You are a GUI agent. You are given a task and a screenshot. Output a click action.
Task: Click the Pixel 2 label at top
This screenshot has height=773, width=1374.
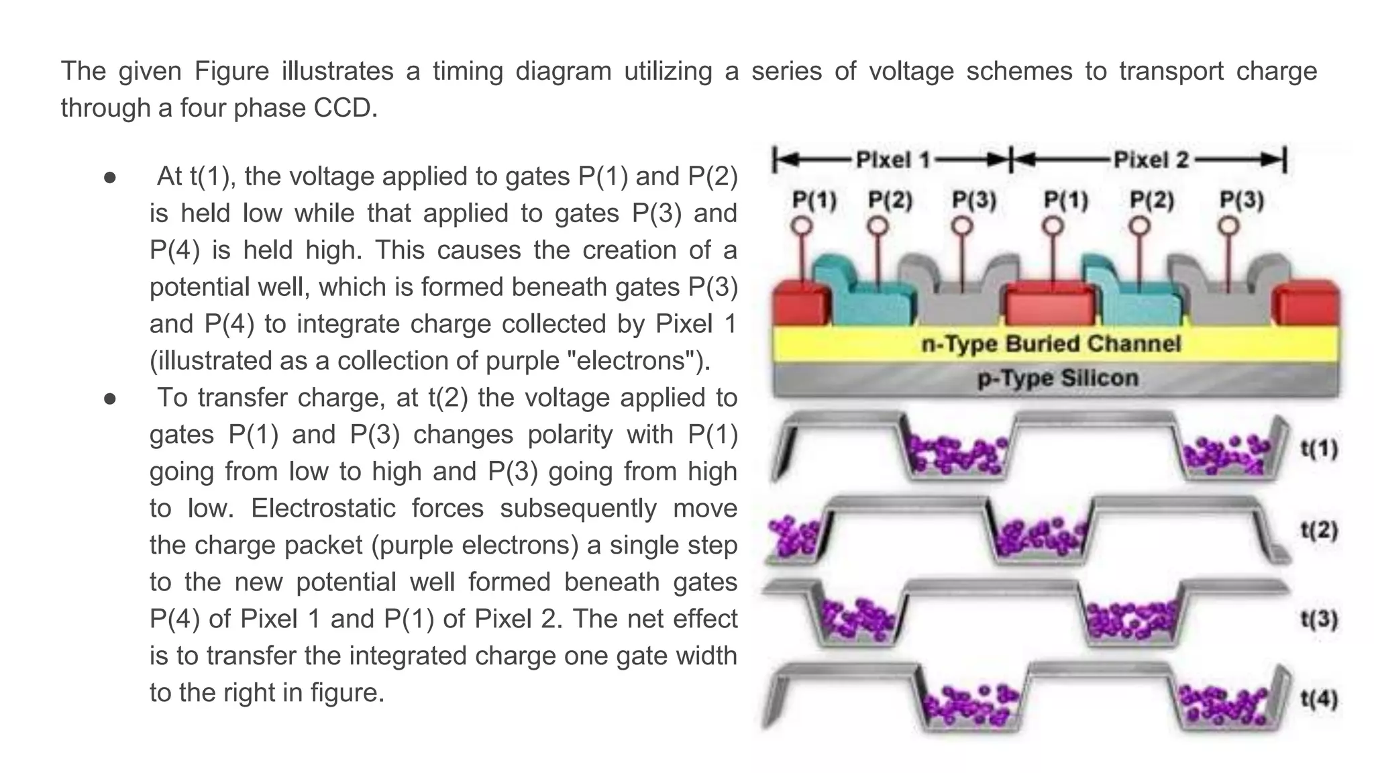coord(1151,160)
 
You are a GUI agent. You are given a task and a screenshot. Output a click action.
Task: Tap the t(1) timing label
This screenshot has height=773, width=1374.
coord(1319,448)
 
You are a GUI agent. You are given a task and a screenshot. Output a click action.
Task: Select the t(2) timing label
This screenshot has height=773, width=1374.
coord(1319,530)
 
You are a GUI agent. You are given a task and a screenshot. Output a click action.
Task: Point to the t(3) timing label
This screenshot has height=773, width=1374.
coord(1319,618)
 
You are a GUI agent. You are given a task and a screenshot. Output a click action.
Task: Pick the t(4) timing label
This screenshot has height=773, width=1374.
coord(1319,699)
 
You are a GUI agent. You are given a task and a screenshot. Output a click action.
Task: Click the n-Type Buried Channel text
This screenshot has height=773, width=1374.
coord(1051,344)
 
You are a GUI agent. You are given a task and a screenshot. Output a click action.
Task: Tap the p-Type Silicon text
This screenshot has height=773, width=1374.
coord(1058,378)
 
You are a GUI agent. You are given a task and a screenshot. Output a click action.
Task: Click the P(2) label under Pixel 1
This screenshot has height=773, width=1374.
coord(890,200)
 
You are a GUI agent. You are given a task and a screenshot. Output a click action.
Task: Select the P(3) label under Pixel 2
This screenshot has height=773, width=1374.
coord(1241,200)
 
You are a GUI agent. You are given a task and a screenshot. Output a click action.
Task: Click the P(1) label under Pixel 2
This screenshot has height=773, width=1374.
coord(1065,200)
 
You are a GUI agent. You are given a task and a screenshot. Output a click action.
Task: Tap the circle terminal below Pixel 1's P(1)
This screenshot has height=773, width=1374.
coord(802,226)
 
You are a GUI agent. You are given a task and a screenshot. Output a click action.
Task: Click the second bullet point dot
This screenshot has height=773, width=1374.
coord(111,399)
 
